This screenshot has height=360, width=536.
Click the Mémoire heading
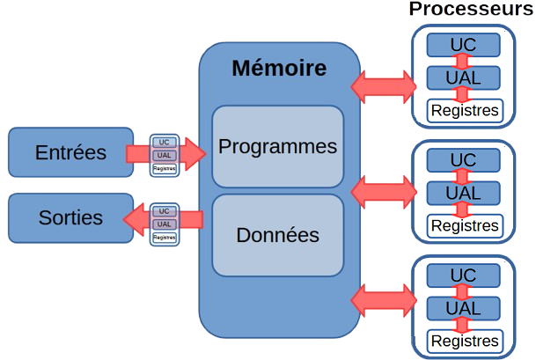(x=278, y=69)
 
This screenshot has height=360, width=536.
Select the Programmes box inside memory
(x=277, y=146)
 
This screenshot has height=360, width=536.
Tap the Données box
(x=277, y=236)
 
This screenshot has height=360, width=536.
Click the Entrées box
(x=70, y=152)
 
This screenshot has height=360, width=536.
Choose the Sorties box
(x=70, y=217)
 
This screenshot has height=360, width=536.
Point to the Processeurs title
(x=471, y=9)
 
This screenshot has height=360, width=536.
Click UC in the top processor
(x=463, y=43)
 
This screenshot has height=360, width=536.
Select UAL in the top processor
(x=463, y=77)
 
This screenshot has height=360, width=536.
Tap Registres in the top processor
(x=464, y=111)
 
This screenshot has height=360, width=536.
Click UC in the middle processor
(x=463, y=159)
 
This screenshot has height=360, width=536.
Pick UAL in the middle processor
(x=463, y=193)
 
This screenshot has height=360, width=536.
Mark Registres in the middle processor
(x=464, y=226)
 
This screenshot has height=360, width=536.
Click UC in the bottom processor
(x=463, y=275)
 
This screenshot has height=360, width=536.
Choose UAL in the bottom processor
(x=463, y=308)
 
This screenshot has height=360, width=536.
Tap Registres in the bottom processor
(x=464, y=341)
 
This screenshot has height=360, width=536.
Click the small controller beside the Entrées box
(x=164, y=155)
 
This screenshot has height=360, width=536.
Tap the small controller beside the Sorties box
(x=164, y=224)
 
